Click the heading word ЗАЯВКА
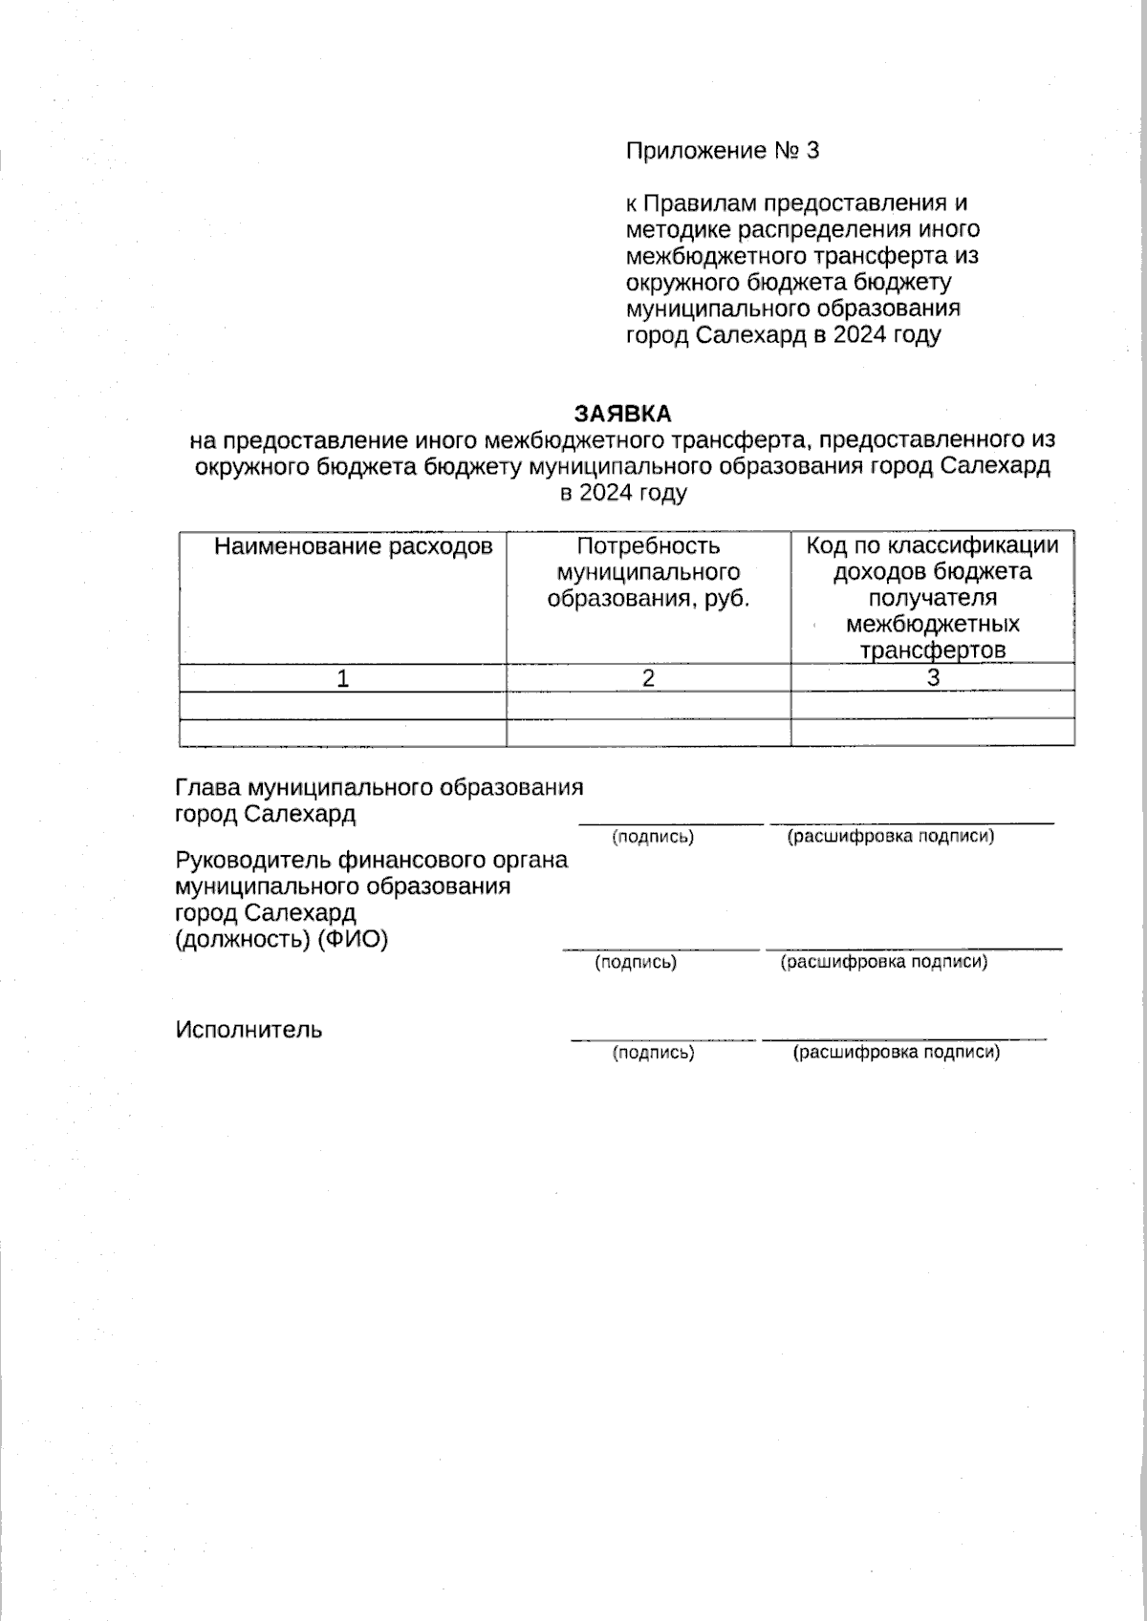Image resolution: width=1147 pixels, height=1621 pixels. click(622, 414)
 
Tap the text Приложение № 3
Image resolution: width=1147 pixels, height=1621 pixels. click(723, 151)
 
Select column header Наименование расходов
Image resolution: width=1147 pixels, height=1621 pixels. click(353, 546)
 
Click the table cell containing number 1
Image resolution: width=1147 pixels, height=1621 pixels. click(342, 678)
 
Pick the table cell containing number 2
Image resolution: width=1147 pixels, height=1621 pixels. click(648, 678)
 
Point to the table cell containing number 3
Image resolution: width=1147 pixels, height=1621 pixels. click(933, 677)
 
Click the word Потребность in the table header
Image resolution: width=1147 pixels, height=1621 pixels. click(648, 546)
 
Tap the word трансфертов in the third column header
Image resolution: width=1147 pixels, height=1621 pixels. click(933, 651)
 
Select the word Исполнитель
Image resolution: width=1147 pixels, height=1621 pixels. click(249, 1030)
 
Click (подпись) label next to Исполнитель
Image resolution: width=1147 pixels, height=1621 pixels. click(653, 1053)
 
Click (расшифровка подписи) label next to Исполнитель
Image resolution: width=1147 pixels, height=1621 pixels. click(897, 1053)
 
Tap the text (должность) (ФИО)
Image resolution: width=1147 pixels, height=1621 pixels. click(282, 939)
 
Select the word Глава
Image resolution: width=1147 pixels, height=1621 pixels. click(207, 788)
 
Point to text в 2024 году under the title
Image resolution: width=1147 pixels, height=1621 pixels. click(622, 493)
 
